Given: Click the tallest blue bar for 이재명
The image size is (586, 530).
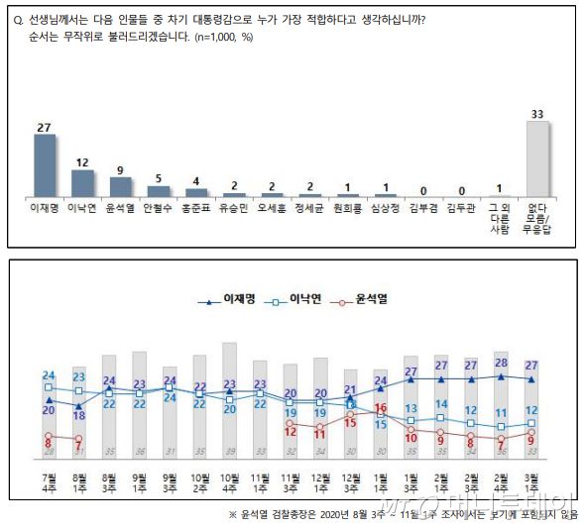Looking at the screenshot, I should click(45, 166).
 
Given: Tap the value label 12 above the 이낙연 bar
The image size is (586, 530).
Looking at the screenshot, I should click(82, 161).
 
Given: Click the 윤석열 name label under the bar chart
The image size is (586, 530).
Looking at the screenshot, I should click(121, 209).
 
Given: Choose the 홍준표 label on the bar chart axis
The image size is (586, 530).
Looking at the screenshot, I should click(196, 209).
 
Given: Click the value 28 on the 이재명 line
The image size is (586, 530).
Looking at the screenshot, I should click(502, 364).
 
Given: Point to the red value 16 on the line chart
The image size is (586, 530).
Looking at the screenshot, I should click(380, 408).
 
